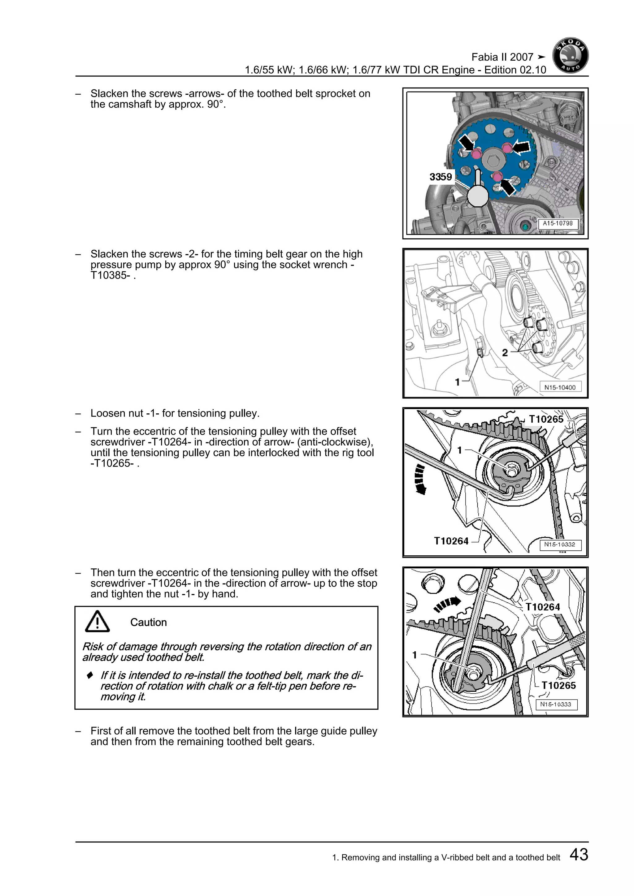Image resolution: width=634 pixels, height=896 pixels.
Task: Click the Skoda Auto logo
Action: pos(570,55)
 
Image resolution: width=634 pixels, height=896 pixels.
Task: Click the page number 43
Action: pos(579,854)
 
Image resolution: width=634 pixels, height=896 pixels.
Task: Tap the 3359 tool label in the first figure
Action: pos(441,177)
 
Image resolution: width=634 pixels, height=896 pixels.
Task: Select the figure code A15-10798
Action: pos(558,223)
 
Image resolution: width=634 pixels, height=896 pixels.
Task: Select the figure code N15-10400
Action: pos(560,387)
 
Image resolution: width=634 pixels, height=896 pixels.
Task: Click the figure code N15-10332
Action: pos(559,545)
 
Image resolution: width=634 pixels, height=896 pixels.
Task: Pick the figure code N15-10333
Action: pos(556,704)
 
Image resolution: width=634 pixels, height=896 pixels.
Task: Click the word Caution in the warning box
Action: pos(148,622)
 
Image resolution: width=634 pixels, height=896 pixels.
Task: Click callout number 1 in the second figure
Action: pos(458,382)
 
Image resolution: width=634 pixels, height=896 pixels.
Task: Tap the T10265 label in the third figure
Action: pos(546,419)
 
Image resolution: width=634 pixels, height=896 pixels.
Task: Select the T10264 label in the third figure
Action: pos(451,541)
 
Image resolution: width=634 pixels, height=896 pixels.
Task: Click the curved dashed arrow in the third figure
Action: pos(420,479)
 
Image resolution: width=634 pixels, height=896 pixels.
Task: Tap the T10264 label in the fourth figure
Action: pos(542,607)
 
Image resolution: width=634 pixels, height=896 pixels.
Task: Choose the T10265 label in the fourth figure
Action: pos(558,685)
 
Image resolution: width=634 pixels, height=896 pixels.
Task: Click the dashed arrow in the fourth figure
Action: pos(447,604)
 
